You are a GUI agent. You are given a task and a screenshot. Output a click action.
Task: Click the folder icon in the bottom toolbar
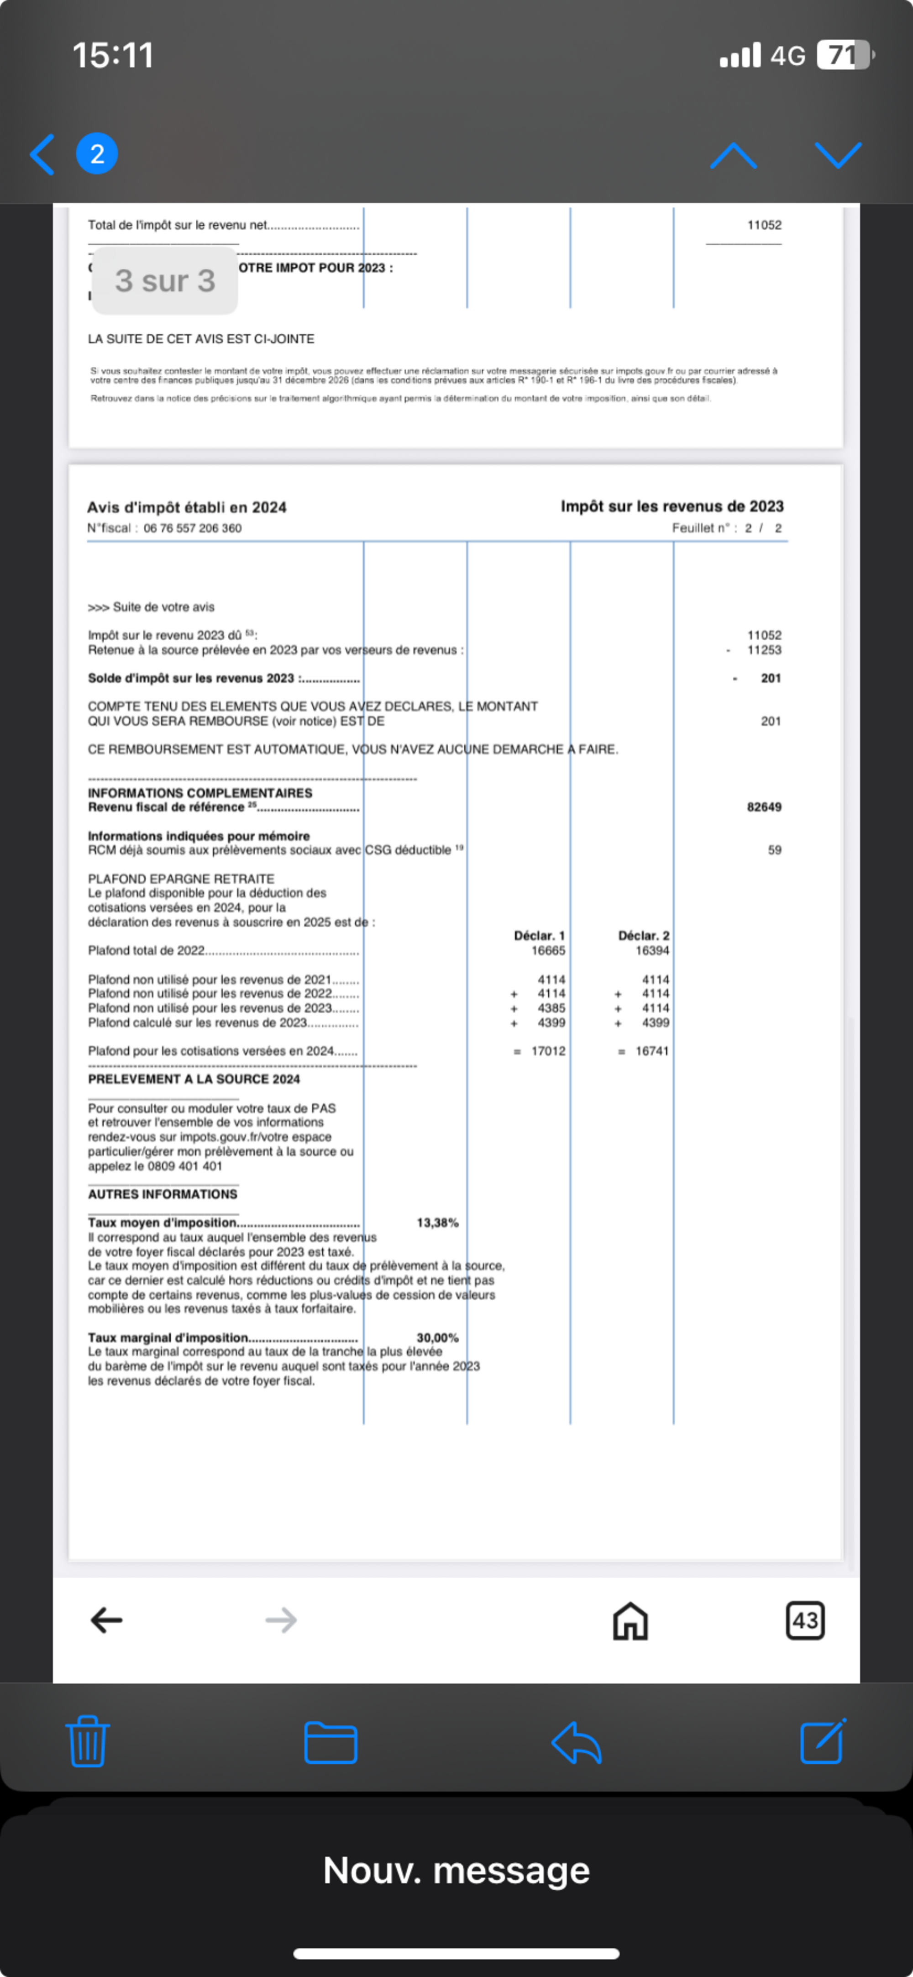pyautogui.click(x=331, y=1742)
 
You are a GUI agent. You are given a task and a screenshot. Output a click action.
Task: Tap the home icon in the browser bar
pyautogui.click(x=630, y=1621)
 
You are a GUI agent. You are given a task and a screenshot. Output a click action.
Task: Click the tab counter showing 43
pyautogui.click(x=805, y=1620)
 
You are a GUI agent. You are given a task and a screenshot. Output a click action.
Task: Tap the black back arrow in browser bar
pyautogui.click(x=107, y=1620)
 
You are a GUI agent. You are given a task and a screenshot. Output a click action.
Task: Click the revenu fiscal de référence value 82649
pyautogui.click(x=764, y=807)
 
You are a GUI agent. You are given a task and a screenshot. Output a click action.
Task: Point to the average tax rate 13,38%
pyautogui.click(x=437, y=1223)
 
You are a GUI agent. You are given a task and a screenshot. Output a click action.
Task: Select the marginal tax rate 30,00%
pyautogui.click(x=437, y=1338)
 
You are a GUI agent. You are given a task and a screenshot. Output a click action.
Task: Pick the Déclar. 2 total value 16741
pyautogui.click(x=652, y=1051)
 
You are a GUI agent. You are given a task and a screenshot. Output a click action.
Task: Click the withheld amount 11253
pyautogui.click(x=764, y=650)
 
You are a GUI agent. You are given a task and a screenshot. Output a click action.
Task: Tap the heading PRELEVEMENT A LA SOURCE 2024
pyautogui.click(x=194, y=1079)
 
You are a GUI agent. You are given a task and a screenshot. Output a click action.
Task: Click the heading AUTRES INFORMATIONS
pyautogui.click(x=163, y=1194)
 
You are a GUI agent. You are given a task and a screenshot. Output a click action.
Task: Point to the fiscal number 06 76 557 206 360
pyautogui.click(x=193, y=528)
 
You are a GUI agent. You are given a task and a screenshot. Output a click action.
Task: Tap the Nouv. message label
pyautogui.click(x=456, y=1870)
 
